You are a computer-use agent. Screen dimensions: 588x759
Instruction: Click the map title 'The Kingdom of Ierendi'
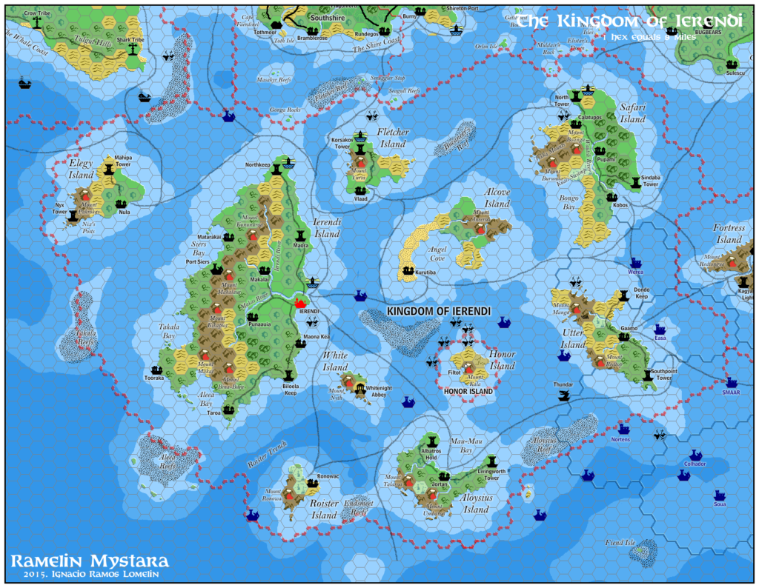click(x=629, y=21)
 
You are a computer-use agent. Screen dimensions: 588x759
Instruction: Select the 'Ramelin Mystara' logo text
click(x=90, y=561)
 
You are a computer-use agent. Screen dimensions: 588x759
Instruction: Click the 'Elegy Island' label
click(x=81, y=170)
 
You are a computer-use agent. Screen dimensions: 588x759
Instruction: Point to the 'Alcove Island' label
click(x=497, y=198)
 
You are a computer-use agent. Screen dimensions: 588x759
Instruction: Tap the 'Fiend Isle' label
click(x=620, y=543)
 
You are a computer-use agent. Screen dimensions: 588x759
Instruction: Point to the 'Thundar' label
click(x=564, y=384)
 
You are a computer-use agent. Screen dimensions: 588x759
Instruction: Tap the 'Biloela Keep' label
click(x=289, y=390)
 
